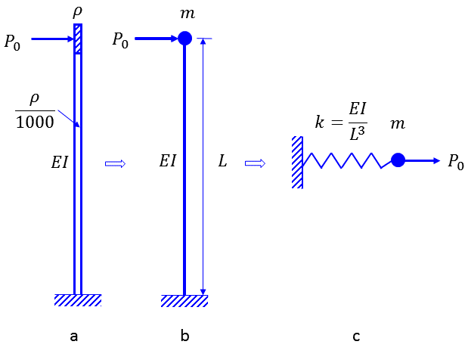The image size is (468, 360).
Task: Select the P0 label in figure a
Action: (13, 42)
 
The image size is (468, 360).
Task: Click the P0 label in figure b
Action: (120, 40)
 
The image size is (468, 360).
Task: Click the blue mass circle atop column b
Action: (184, 38)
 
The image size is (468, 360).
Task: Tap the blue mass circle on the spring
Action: (398, 160)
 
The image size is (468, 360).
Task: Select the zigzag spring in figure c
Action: (347, 160)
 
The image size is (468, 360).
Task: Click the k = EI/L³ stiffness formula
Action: (340, 120)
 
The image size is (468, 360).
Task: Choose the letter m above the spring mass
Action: (397, 123)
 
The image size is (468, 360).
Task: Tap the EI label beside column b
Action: (169, 161)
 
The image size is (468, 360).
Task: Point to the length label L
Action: (222, 161)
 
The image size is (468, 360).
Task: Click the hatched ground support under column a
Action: (77, 300)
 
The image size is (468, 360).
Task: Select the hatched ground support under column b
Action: (184, 301)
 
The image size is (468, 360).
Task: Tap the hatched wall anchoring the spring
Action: (298, 162)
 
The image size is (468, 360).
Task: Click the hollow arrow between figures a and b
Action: (114, 163)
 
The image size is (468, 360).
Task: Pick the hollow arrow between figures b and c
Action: (254, 163)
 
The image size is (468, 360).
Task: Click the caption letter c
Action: (355, 336)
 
